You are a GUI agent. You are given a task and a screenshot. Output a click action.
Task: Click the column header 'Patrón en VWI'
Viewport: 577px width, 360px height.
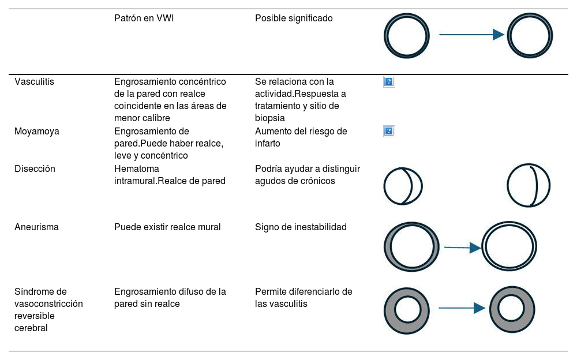(144, 18)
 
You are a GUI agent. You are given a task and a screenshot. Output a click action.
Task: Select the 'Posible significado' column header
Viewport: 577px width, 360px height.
(294, 18)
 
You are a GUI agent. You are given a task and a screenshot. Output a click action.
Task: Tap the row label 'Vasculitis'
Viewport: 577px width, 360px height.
(34, 82)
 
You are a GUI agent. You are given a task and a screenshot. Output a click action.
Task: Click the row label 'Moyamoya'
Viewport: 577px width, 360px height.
(36, 132)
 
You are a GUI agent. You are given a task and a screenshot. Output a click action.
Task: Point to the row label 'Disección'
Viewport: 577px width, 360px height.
(35, 169)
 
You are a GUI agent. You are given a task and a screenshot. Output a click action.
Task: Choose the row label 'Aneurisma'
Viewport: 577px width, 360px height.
(36, 227)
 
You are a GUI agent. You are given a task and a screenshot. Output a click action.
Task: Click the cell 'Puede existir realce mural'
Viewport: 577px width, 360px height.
(167, 227)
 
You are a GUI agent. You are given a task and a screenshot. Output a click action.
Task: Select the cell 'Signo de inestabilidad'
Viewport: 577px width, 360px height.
(301, 227)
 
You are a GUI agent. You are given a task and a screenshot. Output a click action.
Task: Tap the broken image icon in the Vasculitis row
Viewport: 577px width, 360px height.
(389, 82)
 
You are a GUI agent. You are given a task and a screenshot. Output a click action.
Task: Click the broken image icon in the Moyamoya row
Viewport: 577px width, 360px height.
(389, 132)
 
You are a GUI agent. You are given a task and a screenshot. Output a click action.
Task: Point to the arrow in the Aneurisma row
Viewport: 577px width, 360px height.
(462, 247)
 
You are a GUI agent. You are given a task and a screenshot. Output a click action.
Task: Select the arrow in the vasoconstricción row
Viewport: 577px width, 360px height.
(462, 308)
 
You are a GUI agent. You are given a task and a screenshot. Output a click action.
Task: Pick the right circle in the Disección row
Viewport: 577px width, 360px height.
(529, 186)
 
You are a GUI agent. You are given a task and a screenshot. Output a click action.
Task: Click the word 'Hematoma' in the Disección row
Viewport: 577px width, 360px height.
(137, 169)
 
